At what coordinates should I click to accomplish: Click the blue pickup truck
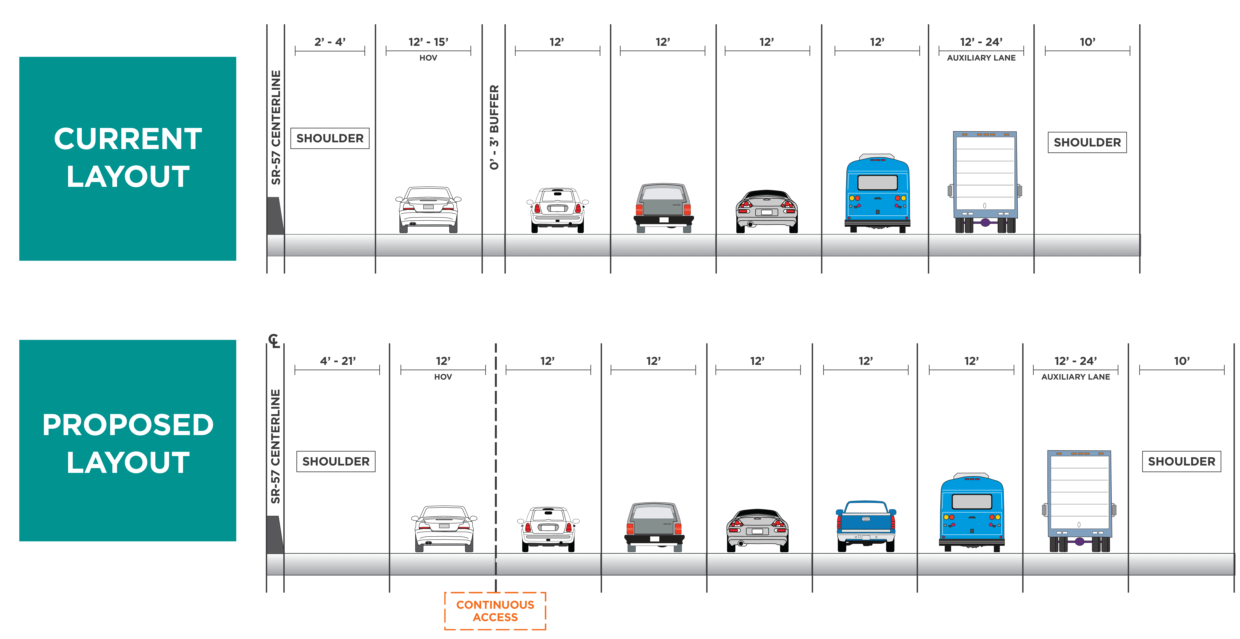(x=866, y=526)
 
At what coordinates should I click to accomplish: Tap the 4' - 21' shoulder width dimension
(x=337, y=361)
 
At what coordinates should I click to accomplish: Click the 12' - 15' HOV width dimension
(x=428, y=42)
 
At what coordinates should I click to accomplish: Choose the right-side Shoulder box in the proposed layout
(x=1181, y=461)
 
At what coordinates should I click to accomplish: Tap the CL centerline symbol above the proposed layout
(x=274, y=341)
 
